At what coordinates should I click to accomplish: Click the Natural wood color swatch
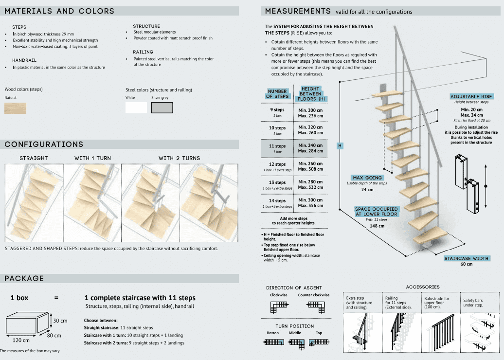click(x=16, y=108)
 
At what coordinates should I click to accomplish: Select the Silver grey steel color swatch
click(x=162, y=108)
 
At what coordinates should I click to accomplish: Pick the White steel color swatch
click(x=136, y=108)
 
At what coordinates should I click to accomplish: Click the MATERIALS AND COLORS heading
click(x=59, y=11)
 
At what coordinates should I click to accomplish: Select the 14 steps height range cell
click(x=310, y=202)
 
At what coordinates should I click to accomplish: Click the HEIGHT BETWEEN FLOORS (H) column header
click(x=310, y=93)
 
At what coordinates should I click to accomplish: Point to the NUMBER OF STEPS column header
click(x=277, y=93)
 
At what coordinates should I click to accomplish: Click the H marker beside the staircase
click(x=340, y=145)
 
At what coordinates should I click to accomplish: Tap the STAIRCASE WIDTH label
click(x=466, y=258)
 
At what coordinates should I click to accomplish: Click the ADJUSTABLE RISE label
click(x=471, y=97)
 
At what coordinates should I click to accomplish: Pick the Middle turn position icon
click(x=295, y=342)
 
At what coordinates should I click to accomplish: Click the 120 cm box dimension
click(x=21, y=340)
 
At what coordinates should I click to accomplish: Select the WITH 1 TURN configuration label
click(x=92, y=158)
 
